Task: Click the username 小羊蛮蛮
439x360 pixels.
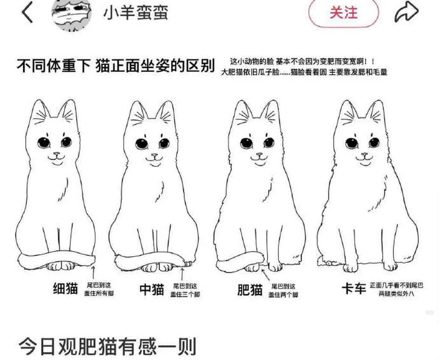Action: point(136,12)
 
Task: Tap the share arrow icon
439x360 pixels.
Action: point(406,12)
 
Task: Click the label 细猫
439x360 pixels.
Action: point(66,288)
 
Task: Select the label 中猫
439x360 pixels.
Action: point(152,289)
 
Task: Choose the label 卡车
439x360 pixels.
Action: point(354,288)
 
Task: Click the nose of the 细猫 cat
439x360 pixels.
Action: point(57,154)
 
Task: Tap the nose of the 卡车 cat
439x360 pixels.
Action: point(364,155)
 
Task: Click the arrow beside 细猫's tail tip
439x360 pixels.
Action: point(93,272)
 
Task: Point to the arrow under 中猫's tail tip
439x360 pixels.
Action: point(182,274)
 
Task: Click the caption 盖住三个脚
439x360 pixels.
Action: point(185,294)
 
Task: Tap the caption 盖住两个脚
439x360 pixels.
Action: point(283,295)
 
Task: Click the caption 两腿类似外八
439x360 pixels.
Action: point(396,294)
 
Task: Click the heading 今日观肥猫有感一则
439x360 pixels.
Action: point(107,347)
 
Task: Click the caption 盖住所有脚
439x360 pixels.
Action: point(99,294)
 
